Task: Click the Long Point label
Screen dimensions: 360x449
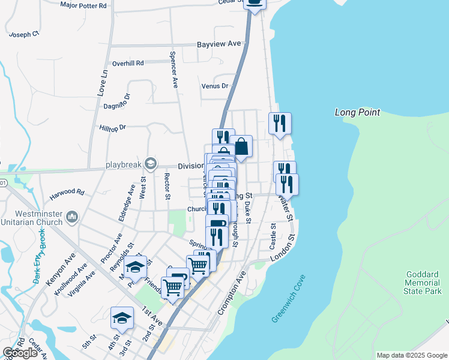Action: pyautogui.click(x=355, y=112)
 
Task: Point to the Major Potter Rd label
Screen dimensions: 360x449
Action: pyautogui.click(x=83, y=5)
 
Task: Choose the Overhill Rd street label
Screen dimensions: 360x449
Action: pyautogui.click(x=128, y=63)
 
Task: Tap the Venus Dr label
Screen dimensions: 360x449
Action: pyautogui.click(x=215, y=86)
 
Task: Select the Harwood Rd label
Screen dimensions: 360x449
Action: pyautogui.click(x=67, y=193)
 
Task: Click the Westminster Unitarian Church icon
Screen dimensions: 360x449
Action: pyautogui.click(x=72, y=216)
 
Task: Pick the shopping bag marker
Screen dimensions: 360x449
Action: pyautogui.click(x=241, y=146)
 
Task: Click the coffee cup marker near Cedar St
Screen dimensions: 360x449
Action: pyautogui.click(x=255, y=3)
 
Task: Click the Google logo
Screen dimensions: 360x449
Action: pyautogui.click(x=20, y=353)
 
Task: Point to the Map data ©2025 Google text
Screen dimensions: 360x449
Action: pyautogui.click(x=412, y=355)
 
